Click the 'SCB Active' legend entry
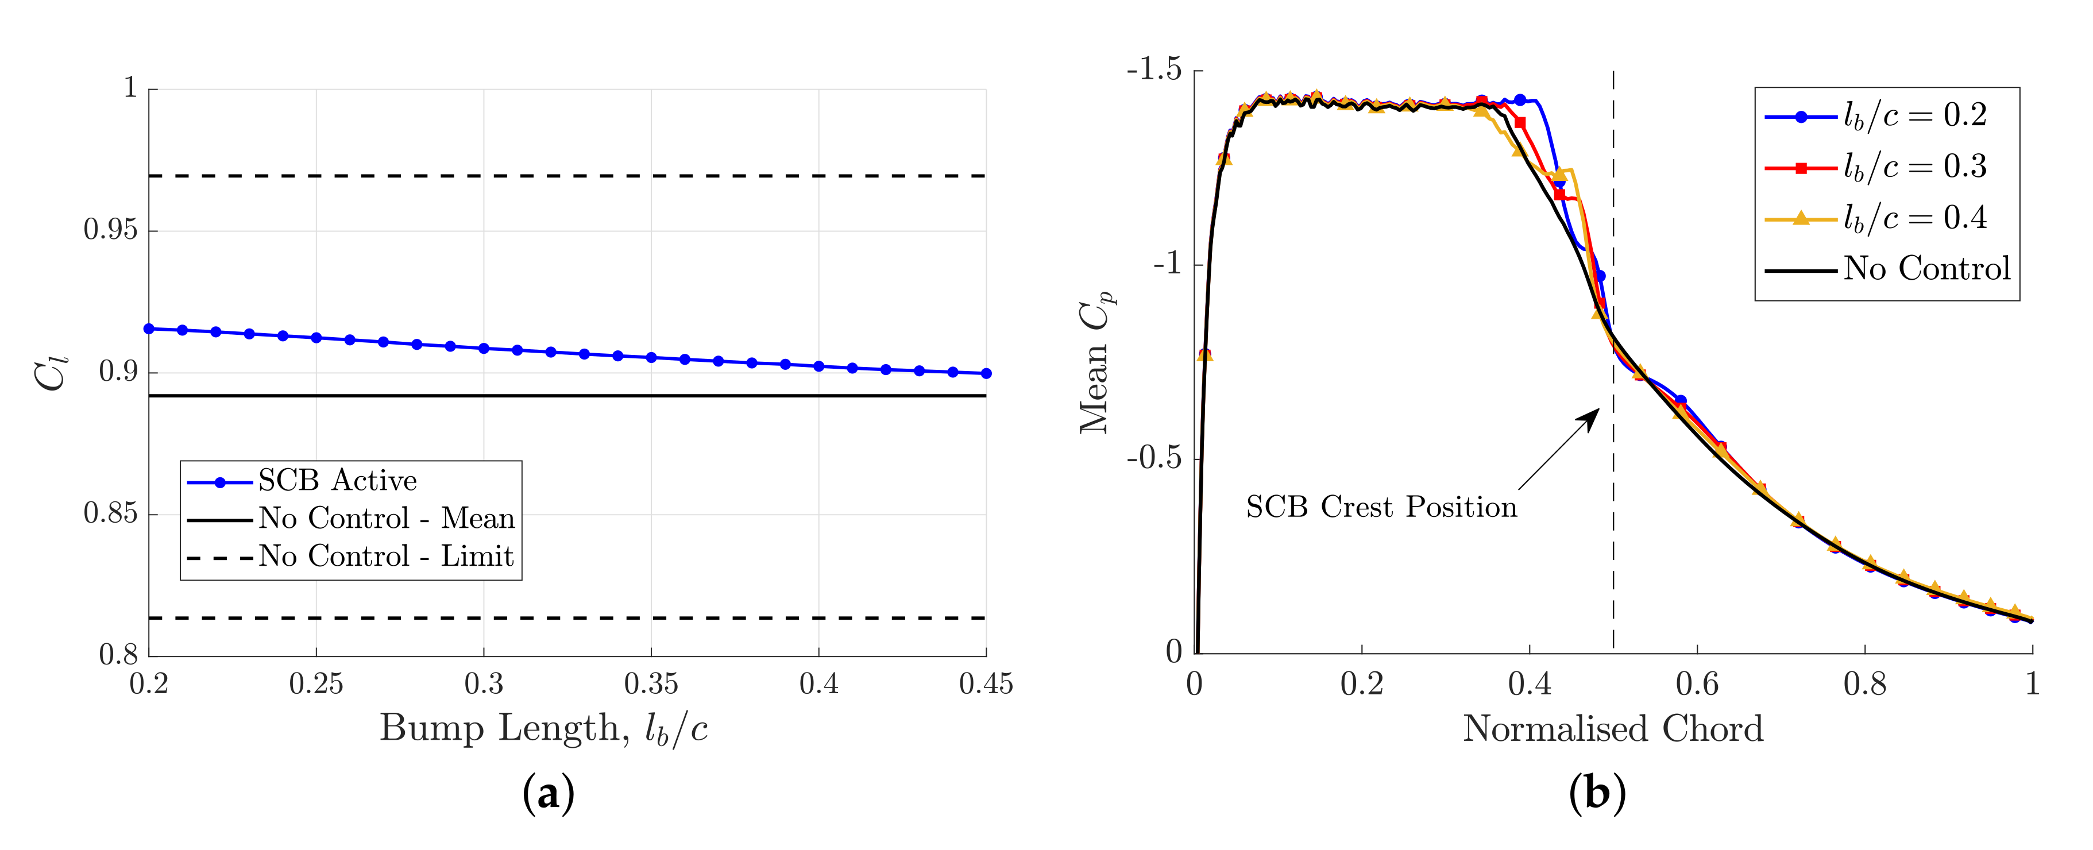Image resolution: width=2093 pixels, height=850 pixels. click(337, 481)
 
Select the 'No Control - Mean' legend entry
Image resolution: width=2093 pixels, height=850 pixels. click(386, 519)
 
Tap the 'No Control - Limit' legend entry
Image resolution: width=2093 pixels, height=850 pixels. click(385, 557)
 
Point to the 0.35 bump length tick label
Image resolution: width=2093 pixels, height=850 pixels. click(651, 684)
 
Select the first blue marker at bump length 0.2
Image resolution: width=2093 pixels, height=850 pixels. click(149, 329)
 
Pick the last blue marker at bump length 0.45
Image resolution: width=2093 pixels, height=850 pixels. click(986, 374)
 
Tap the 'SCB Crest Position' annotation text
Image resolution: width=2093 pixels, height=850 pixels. click(1381, 507)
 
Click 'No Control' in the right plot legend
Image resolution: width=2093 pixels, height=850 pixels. click(1926, 269)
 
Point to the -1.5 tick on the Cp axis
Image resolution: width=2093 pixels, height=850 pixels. click(1154, 71)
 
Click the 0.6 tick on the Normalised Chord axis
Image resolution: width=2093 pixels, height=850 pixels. click(1697, 684)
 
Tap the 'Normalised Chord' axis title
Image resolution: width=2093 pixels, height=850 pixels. click(1613, 729)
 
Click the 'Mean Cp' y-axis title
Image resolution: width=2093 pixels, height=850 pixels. click(1097, 362)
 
